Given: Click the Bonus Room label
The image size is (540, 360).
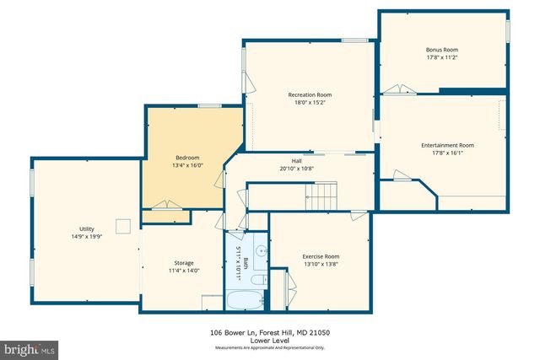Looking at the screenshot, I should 441,50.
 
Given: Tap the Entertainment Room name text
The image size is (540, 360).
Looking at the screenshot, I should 447,145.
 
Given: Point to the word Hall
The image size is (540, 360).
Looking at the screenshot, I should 297,160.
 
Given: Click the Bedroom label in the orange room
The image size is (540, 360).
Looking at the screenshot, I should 187,158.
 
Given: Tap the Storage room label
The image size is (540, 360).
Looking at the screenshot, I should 184,263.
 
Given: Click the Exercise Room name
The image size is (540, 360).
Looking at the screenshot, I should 321,256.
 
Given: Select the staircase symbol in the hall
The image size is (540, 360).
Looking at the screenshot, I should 321,197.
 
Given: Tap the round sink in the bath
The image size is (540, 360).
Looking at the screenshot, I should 260,250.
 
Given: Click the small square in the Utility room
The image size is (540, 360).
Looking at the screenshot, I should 124,225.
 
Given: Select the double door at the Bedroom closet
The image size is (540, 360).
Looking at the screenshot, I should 165,205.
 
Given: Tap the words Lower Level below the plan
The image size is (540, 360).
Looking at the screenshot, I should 269,341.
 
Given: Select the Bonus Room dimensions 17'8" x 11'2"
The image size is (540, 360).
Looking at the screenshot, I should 441,58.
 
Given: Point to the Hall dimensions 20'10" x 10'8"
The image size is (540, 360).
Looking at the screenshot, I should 297,168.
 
